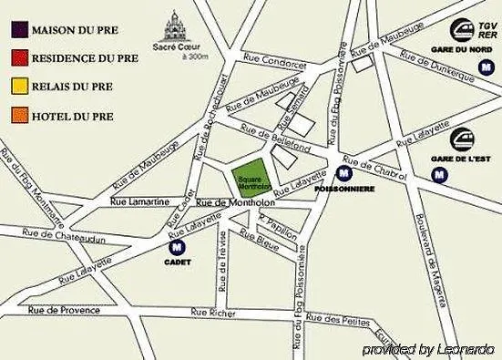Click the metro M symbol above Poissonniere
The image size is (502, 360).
(x=344, y=172)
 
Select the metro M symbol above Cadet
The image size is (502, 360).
(x=176, y=245)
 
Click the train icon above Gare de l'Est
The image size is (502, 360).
(x=462, y=139)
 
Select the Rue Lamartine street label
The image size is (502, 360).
(x=138, y=199)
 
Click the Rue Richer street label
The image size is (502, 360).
(x=212, y=312)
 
